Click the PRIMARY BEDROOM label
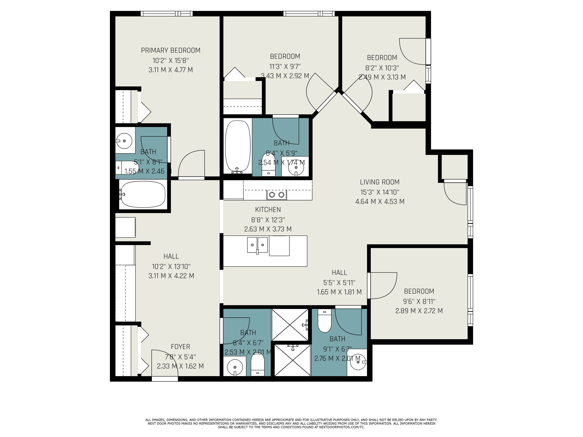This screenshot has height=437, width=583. [171, 50]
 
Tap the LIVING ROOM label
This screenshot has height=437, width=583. [380, 182]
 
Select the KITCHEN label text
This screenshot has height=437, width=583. [268, 210]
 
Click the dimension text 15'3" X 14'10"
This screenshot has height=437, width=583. [380, 192]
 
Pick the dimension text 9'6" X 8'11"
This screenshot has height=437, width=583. [419, 301]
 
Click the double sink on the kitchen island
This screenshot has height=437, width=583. [257, 245]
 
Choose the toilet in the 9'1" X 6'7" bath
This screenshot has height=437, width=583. [324, 321]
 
